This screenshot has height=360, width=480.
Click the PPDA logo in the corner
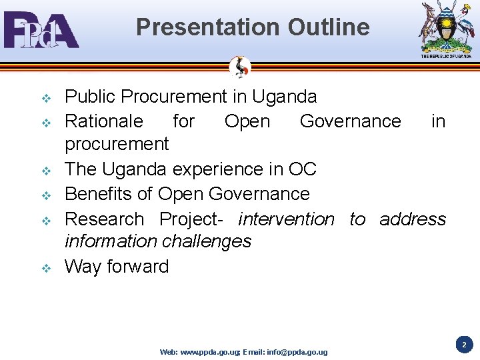pyautogui.click(x=41, y=30)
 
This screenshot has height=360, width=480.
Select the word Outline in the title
pyautogui.click(x=329, y=27)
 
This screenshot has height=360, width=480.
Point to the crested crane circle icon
pyautogui.click(x=240, y=67)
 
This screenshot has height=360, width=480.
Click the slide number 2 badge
pyautogui.click(x=465, y=345)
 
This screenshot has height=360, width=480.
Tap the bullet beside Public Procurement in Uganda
pyautogui.click(x=47, y=99)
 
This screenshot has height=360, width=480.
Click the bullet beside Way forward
pyautogui.click(x=47, y=268)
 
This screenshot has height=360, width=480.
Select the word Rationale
pyautogui.click(x=103, y=121)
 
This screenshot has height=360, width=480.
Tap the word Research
pyautogui.click(x=104, y=219)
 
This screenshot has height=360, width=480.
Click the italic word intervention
pyautogui.click(x=286, y=219)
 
